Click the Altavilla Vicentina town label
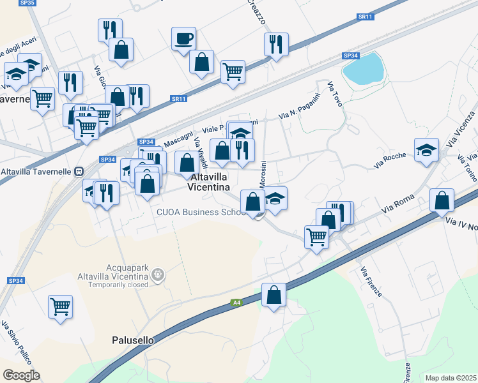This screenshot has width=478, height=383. point(208,181)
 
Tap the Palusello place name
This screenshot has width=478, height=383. point(133,340)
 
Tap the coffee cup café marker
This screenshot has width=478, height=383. point(183,38)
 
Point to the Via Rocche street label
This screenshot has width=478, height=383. point(390,158)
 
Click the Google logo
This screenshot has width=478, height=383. point(21,375)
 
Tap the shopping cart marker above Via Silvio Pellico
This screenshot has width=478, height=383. point(60,306)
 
